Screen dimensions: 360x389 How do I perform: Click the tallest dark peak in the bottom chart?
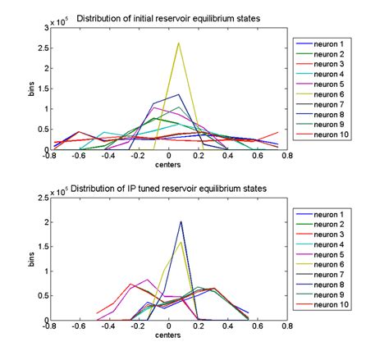[181, 221]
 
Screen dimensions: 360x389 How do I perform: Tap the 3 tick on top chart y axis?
[45, 28]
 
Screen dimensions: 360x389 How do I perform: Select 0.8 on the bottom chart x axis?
[287, 326]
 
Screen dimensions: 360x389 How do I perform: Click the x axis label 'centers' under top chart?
[168, 164]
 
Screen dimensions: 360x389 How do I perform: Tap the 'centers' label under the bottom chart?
[168, 335]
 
